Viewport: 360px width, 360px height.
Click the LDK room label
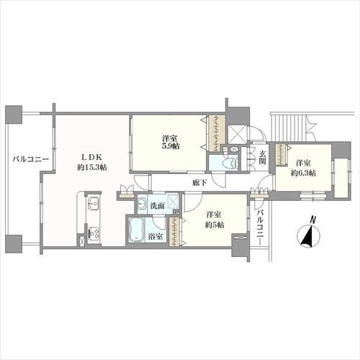[x=92, y=157]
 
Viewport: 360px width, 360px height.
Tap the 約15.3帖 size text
[x=92, y=168]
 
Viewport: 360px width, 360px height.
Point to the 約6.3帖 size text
[x=303, y=173]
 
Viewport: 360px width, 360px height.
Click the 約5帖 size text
[x=215, y=225]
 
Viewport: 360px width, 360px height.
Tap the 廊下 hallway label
[x=199, y=183]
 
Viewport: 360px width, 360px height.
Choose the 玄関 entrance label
[x=262, y=157]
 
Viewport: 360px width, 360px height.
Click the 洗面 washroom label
[x=157, y=206]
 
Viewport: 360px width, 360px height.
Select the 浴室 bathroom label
[x=155, y=237]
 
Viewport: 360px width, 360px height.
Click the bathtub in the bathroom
[x=136, y=230]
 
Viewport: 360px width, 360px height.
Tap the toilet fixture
[x=230, y=163]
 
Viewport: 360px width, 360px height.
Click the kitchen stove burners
[x=94, y=233]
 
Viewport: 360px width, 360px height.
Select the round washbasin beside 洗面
[x=143, y=204]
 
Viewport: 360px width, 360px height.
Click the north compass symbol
[x=308, y=236]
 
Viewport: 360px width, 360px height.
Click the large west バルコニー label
[x=31, y=159]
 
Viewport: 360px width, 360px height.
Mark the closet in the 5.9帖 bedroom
[x=217, y=133]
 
